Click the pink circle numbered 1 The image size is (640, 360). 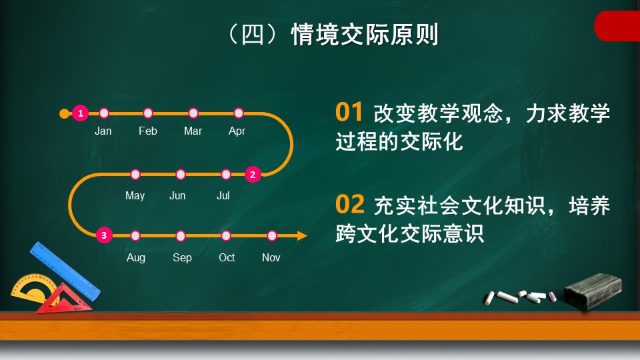click(x=81, y=113)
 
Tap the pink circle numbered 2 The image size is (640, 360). click(x=253, y=175)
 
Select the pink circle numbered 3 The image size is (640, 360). click(x=104, y=235)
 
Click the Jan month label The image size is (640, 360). click(x=103, y=131)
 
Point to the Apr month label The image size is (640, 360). click(x=237, y=131)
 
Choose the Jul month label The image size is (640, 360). click(x=223, y=195)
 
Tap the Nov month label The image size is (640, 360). click(x=271, y=257)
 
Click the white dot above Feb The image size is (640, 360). click(x=148, y=113)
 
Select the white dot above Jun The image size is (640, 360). click(x=181, y=175)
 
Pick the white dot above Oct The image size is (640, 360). click(x=226, y=235)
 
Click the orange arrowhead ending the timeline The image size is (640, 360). click(x=301, y=235)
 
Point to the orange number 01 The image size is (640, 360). click(x=349, y=112)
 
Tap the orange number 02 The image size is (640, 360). click(x=350, y=204)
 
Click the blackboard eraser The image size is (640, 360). click(x=593, y=291)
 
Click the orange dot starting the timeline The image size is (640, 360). click(x=65, y=113)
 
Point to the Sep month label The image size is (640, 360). click(x=182, y=258)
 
